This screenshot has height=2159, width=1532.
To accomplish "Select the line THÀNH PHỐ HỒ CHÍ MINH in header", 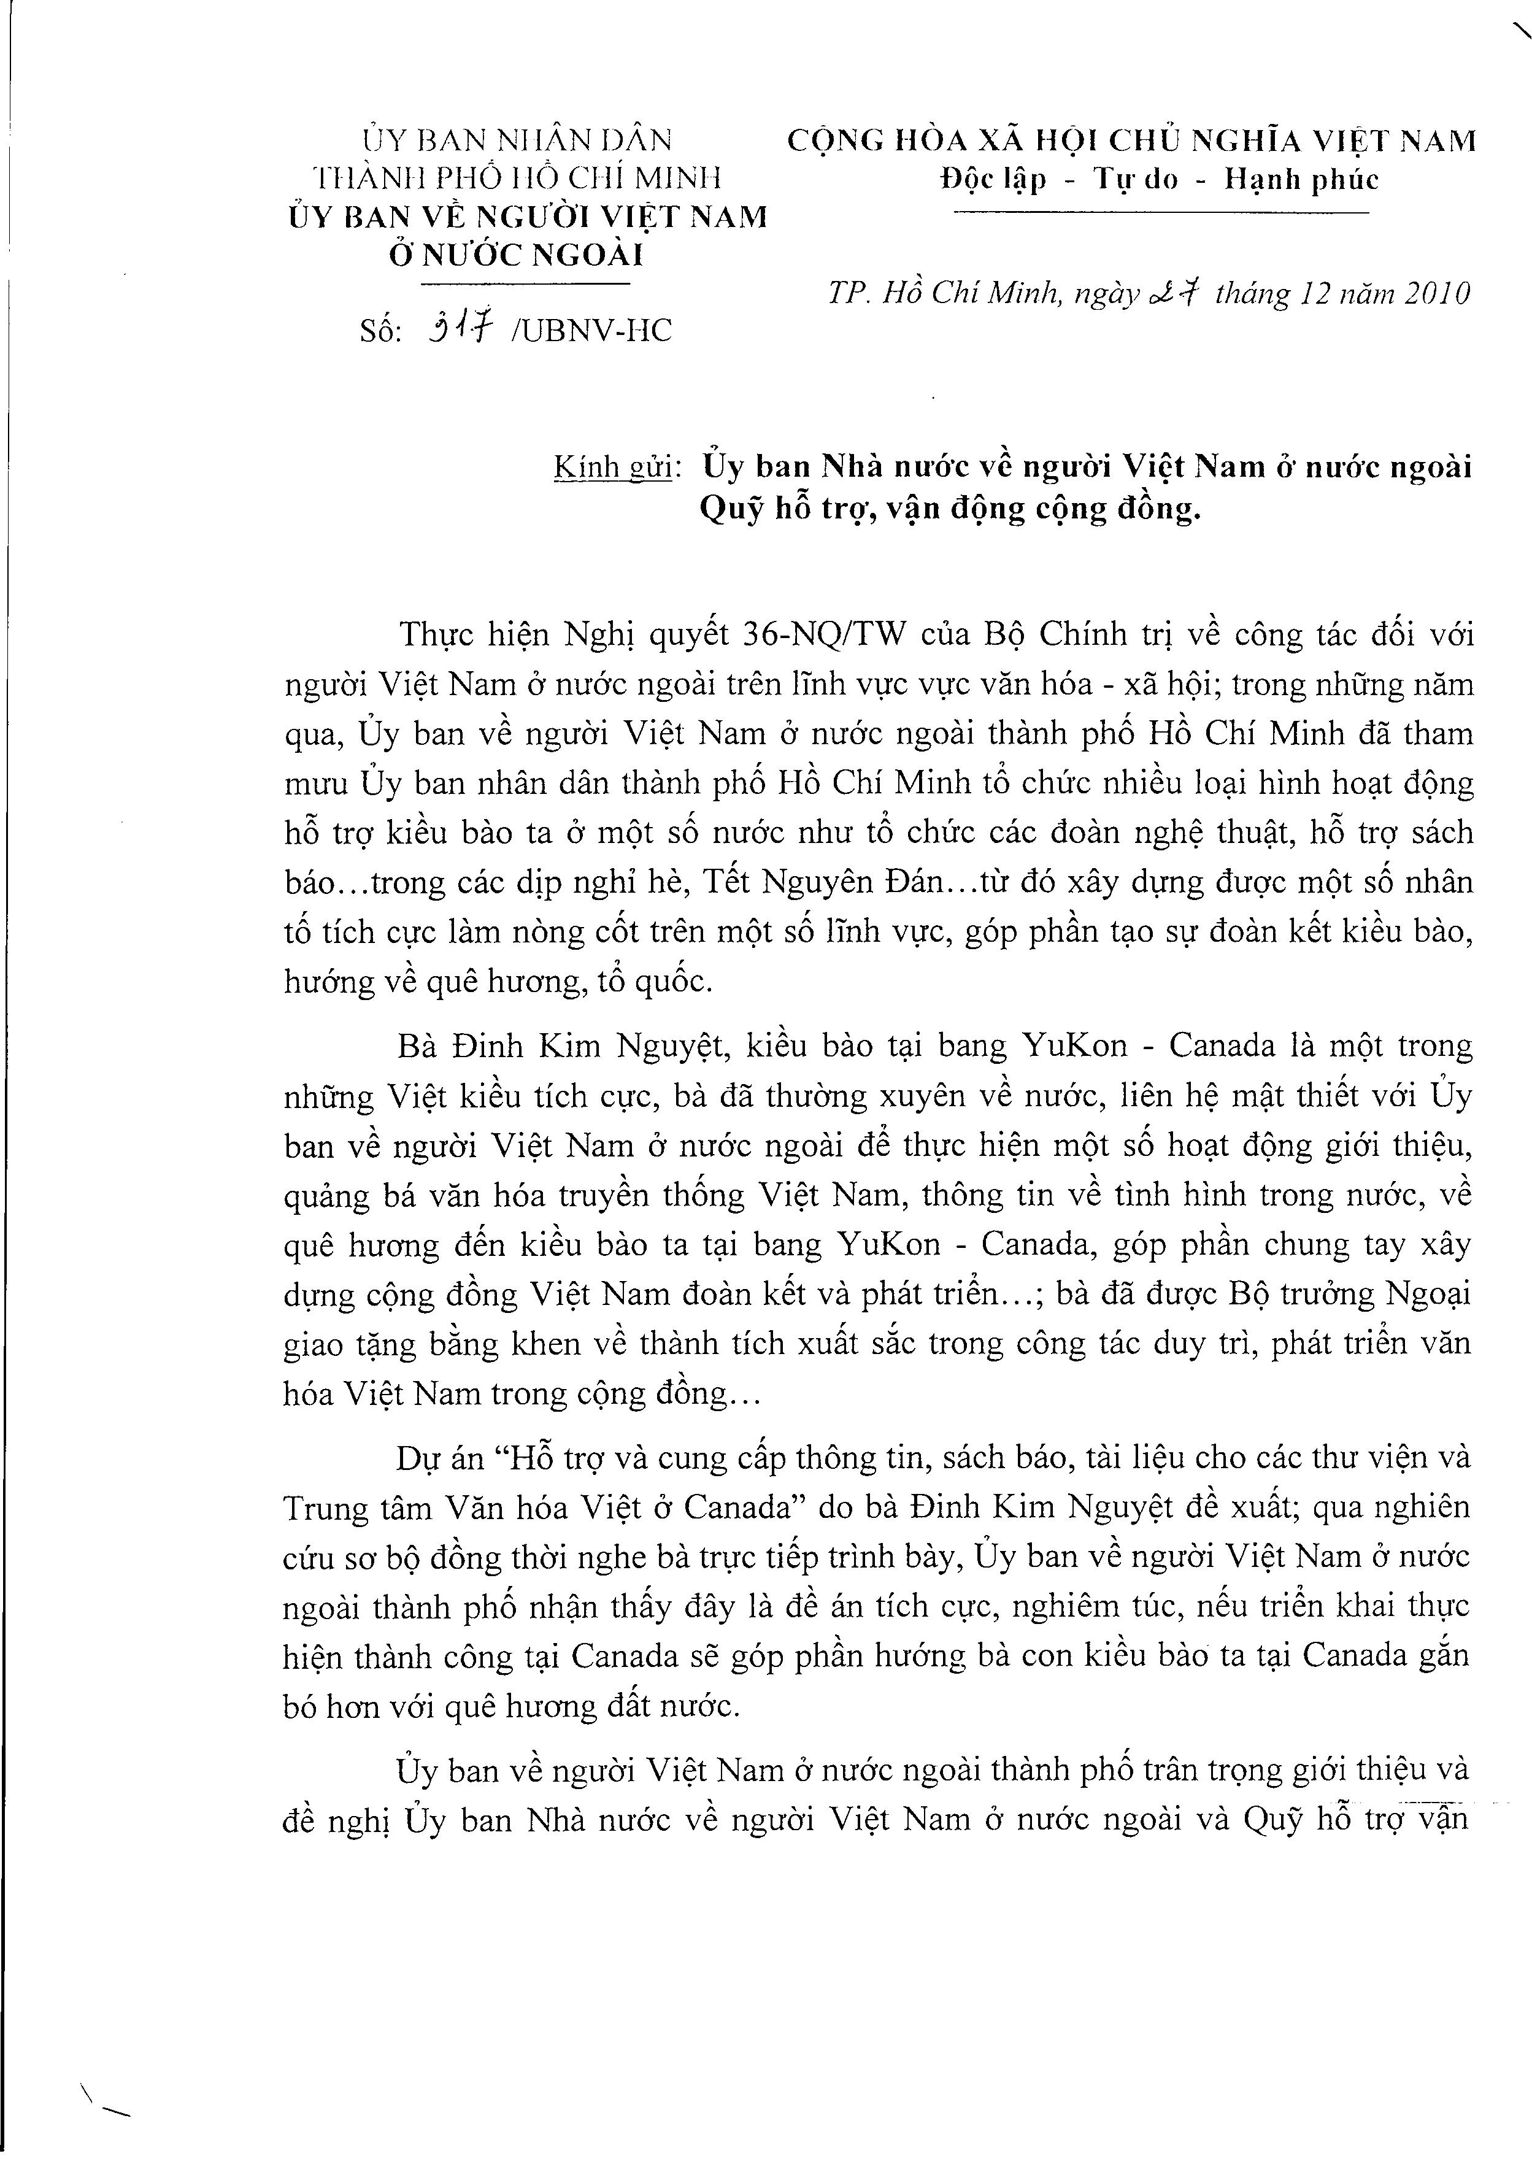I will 518,179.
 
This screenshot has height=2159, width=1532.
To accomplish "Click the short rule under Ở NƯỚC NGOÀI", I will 523,284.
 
